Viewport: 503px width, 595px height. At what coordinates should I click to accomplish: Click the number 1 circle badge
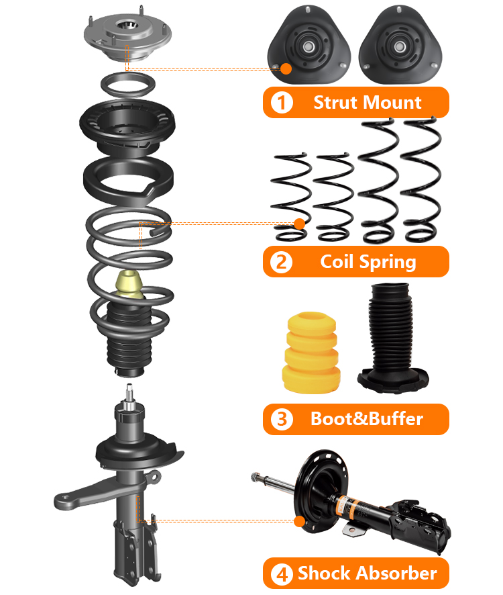click(282, 103)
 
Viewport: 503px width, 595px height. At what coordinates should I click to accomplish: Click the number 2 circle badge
click(281, 262)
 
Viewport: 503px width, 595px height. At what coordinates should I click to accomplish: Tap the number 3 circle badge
click(282, 419)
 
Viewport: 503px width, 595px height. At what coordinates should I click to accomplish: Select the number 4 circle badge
click(282, 574)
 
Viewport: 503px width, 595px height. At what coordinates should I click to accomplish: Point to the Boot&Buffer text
click(367, 419)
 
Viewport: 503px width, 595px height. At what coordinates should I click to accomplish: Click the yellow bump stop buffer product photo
click(311, 353)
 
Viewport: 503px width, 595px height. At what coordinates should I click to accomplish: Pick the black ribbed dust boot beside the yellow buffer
click(392, 338)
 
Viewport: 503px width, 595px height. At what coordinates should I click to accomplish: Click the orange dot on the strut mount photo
click(286, 68)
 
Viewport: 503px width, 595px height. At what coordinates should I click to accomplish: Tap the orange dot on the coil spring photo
click(299, 224)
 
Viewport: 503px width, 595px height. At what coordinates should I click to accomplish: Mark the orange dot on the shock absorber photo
click(299, 521)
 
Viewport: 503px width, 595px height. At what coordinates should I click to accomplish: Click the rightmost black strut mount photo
click(400, 45)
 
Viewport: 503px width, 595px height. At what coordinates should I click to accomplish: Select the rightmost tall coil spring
click(421, 180)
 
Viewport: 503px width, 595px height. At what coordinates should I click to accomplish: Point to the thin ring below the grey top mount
click(128, 84)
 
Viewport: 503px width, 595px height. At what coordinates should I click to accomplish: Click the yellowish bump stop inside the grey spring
click(129, 285)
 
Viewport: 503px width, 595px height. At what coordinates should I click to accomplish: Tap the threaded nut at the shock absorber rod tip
click(255, 477)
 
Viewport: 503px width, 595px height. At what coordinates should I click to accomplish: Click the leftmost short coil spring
click(291, 197)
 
